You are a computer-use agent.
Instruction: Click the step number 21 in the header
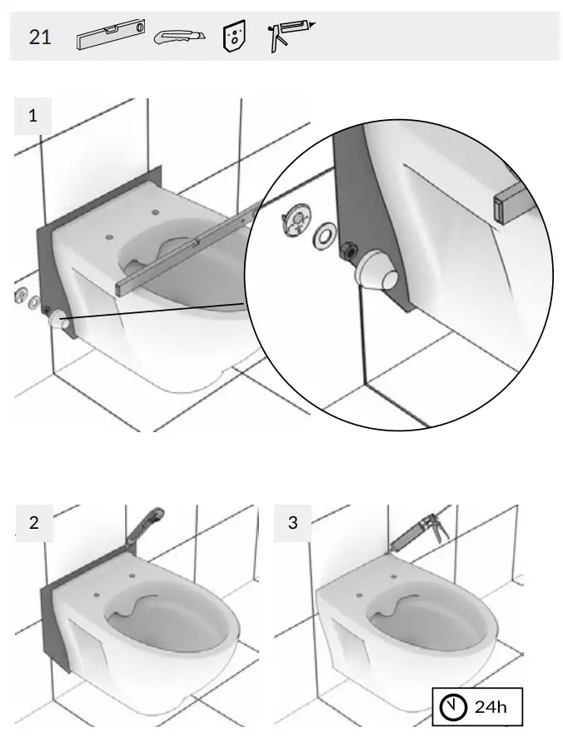tap(40, 37)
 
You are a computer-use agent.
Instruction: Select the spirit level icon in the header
tap(110, 37)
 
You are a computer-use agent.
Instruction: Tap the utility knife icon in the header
tap(179, 37)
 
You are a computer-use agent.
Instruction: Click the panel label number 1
tap(33, 116)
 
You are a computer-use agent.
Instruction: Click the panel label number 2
tap(33, 523)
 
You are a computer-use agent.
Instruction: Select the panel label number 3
tap(292, 523)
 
